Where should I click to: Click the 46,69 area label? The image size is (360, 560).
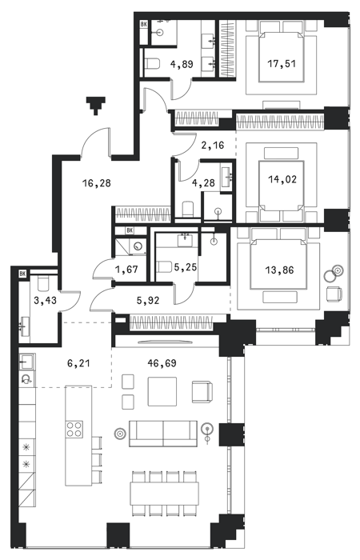pyautogui.click(x=162, y=363)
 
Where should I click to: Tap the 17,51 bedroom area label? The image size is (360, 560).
pyautogui.click(x=282, y=64)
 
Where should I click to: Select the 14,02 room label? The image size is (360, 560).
pyautogui.click(x=282, y=179)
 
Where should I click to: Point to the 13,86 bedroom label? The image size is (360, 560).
pyautogui.click(x=279, y=270)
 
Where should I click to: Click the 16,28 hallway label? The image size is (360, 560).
pyautogui.click(x=97, y=183)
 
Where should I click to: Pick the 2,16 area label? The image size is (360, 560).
pyautogui.click(x=212, y=145)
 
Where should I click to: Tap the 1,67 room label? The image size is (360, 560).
pyautogui.click(x=127, y=269)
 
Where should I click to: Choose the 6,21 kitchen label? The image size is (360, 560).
pyautogui.click(x=78, y=363)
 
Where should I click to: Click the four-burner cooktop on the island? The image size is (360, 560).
pyautogui.click(x=74, y=429)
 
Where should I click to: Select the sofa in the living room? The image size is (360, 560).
pyautogui.click(x=163, y=434)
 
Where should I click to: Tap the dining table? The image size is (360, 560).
pyautogui.click(x=164, y=494)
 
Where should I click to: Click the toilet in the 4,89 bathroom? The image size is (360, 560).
pyautogui.click(x=152, y=63)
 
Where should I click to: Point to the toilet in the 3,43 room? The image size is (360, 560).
pyautogui.click(x=43, y=283)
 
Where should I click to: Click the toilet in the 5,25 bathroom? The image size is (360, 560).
pyautogui.click(x=163, y=267)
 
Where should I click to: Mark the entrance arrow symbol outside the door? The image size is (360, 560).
pyautogui.click(x=95, y=106)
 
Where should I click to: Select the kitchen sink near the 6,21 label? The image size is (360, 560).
pyautogui.click(x=27, y=362)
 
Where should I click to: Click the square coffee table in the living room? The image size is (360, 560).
pyautogui.click(x=162, y=392)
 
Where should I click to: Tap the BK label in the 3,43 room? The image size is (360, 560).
pyautogui.click(x=23, y=274)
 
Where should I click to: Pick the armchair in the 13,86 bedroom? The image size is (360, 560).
pyautogui.click(x=334, y=294)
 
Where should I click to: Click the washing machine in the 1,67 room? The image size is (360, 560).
pyautogui.click(x=138, y=246)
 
